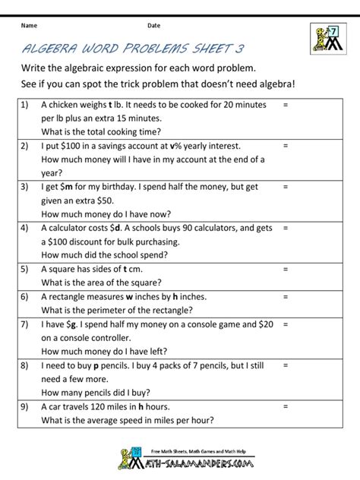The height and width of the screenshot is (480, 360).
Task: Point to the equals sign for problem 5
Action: [285, 268]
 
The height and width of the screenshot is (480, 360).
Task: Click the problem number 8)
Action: [24, 365]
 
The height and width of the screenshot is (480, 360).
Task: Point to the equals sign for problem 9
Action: [285, 406]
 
